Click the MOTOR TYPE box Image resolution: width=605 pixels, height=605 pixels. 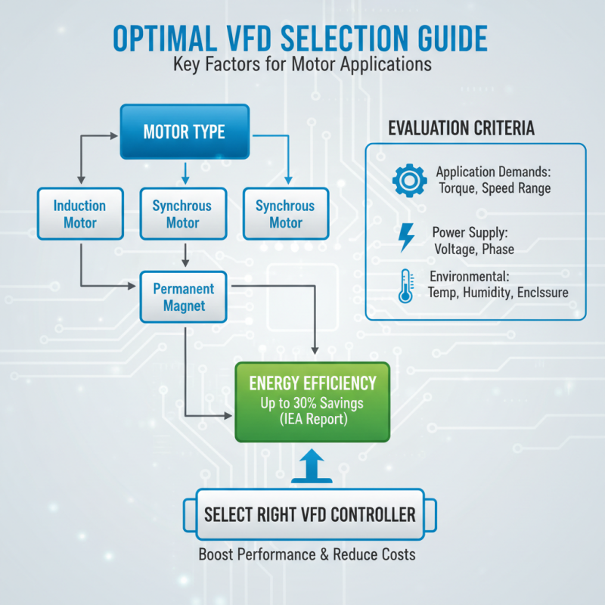click(x=184, y=132)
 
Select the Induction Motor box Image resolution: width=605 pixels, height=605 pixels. click(x=79, y=214)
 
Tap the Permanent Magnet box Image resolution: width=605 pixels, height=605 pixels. click(x=184, y=297)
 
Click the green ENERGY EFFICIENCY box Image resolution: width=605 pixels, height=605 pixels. click(x=313, y=402)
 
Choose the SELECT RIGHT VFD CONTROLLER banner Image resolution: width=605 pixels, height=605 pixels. click(x=309, y=515)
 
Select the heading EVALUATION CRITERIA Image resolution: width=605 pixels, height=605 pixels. click(x=461, y=129)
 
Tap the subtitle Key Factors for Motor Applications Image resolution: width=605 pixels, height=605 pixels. click(x=302, y=64)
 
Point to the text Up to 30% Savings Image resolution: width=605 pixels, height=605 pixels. click(x=313, y=403)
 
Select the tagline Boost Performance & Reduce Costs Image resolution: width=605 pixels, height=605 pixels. click(x=307, y=554)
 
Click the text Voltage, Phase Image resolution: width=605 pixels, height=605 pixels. click(x=474, y=249)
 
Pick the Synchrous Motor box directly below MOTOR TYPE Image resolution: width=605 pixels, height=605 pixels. click(x=182, y=214)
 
